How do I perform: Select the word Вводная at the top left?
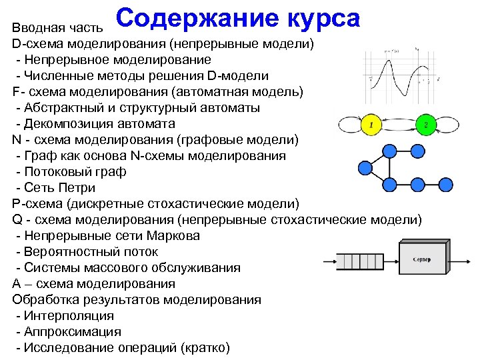point(33,28)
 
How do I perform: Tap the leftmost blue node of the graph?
point(364,166)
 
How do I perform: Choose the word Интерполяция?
point(69,316)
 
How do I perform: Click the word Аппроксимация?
point(73,332)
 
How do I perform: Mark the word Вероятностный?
point(69,252)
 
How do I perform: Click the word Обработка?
point(44,300)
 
